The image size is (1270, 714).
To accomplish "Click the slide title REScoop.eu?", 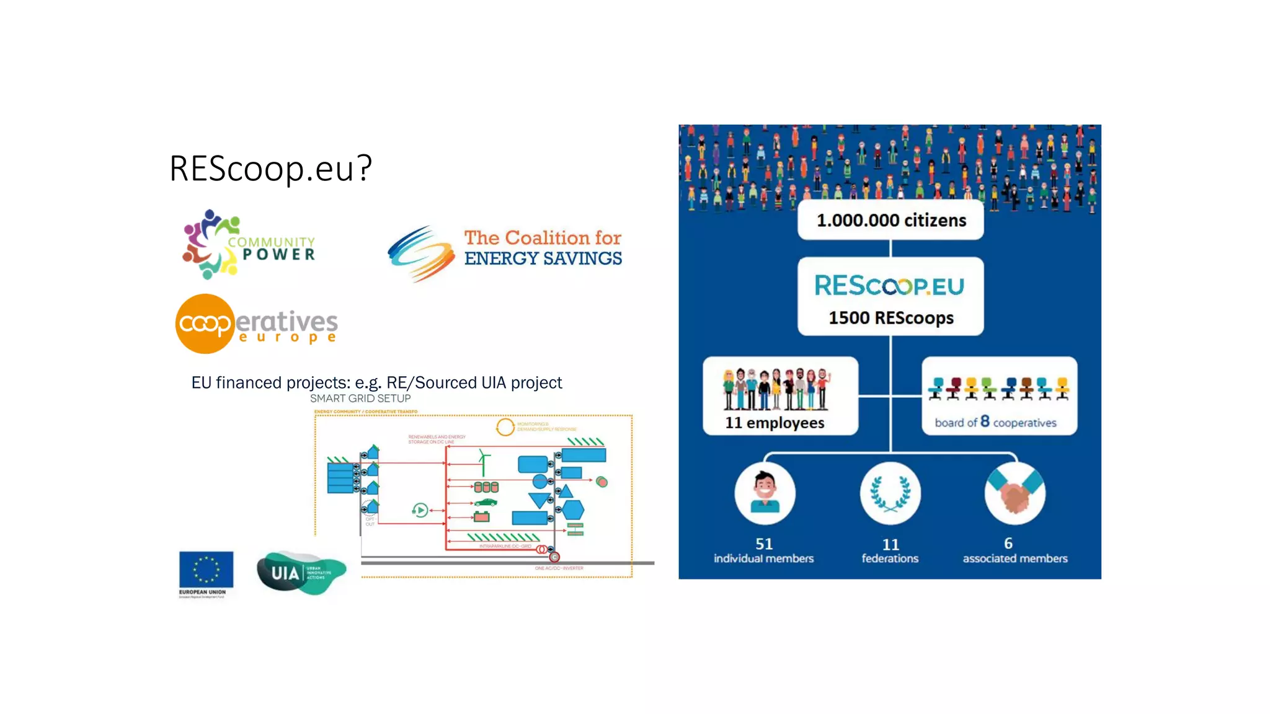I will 270,168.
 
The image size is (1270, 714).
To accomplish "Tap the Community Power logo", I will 248,245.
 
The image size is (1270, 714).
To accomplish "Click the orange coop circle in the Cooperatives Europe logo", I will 205,324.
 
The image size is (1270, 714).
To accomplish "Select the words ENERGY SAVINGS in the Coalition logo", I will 543,258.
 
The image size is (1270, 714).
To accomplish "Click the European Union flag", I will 206,569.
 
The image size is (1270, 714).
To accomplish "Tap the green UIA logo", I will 301,573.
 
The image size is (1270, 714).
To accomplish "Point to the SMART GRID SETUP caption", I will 360,399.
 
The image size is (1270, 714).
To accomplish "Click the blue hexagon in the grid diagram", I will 573,509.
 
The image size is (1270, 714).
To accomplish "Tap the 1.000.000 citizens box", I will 890,220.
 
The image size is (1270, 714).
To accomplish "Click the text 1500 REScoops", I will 891,318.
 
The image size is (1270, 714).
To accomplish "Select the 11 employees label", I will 775,423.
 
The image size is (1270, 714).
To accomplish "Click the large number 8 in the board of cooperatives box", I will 985,421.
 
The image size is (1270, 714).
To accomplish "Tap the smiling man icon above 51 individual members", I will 765,493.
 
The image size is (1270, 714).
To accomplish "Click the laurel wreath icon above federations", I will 890,493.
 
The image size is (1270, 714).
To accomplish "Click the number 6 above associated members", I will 1008,544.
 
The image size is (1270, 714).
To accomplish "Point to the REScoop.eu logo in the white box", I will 889,286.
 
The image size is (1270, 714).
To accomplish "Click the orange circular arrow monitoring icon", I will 505,427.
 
